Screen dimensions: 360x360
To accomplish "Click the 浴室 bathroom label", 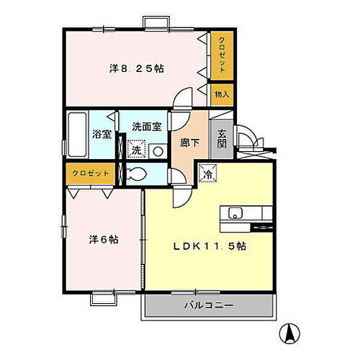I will pos(102,134).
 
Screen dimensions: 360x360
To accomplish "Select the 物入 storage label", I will pos(221,94).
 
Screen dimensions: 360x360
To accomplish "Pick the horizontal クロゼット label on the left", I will pos(91,174).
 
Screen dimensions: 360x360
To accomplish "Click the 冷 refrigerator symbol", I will pos(207,174).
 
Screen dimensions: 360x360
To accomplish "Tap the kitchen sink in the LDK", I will pos(235,213).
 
